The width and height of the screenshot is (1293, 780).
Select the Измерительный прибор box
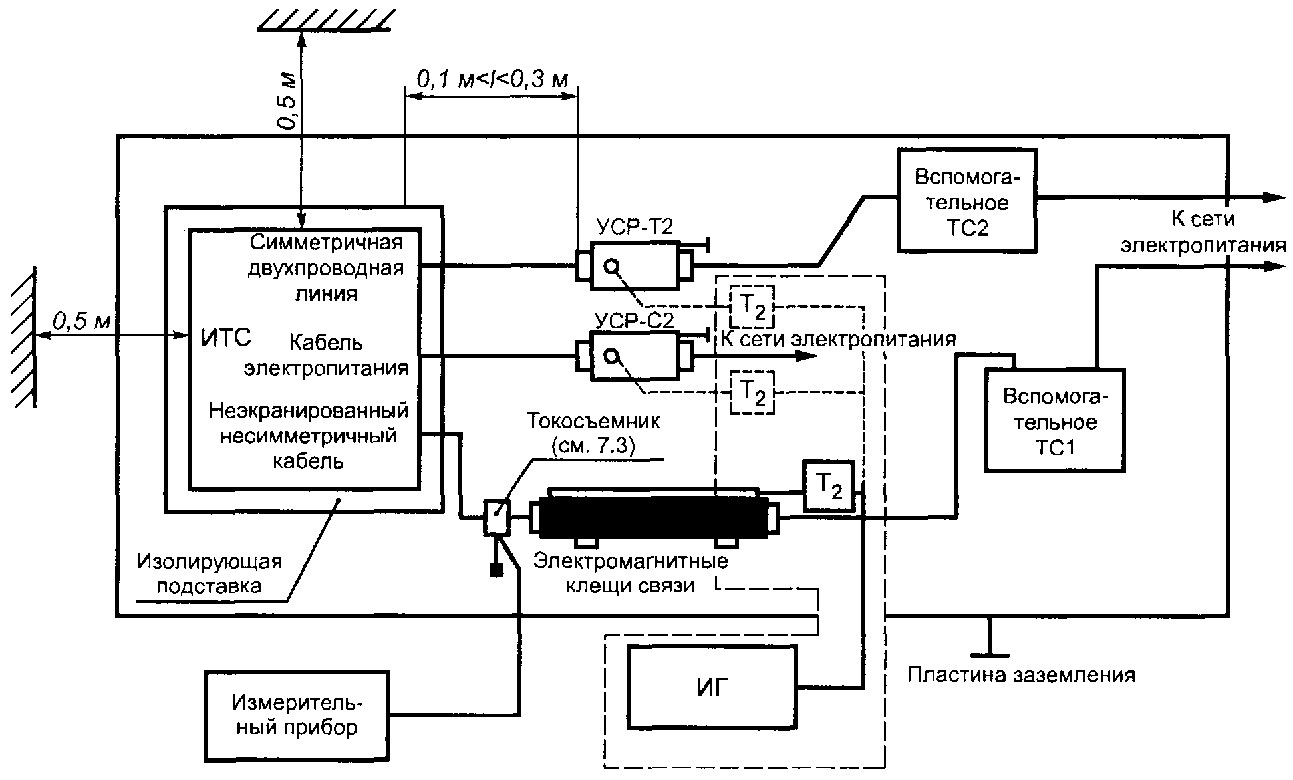pos(297,715)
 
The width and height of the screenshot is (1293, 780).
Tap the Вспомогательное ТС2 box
pos(966,201)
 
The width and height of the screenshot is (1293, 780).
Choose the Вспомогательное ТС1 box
pos(1055,421)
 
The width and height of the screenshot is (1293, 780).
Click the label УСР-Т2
pos(634,227)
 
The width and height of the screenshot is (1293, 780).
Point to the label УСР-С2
pos(634,321)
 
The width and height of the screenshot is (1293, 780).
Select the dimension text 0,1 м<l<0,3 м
pos(492,80)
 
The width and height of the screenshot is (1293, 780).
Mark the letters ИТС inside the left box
pos(226,338)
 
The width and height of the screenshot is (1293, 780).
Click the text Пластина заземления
pos(1021,676)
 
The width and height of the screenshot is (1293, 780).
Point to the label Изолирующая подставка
pos(210,573)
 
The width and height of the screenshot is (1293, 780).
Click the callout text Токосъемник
pos(593,421)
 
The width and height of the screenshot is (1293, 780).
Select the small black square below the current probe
pos(496,570)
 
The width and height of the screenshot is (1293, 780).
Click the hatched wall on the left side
pos(24,336)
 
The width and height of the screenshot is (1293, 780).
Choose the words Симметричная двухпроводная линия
pos(326,267)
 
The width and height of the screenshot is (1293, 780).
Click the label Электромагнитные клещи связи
pos(630,573)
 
